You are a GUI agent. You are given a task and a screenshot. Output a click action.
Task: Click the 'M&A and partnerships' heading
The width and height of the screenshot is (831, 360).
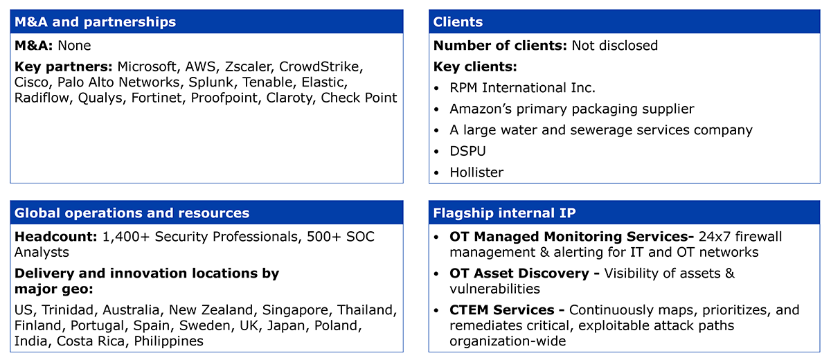point(95,22)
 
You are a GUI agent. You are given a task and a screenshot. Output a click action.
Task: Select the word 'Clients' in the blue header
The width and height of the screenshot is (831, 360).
point(458,22)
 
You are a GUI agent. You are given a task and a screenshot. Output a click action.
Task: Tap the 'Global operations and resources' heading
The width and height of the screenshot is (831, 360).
point(132,213)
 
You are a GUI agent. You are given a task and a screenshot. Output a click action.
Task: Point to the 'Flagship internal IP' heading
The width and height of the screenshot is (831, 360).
point(504,213)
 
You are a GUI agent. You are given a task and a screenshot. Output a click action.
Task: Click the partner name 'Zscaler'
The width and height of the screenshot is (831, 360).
point(248,66)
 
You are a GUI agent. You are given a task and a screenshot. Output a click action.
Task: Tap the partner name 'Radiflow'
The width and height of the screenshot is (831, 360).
point(42,98)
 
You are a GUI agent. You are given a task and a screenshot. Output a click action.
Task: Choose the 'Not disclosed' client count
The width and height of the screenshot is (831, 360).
point(614,46)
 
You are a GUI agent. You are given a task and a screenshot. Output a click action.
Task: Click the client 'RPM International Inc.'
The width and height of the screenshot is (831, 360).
point(522,88)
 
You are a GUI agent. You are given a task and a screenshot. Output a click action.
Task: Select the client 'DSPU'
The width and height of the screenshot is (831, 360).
point(467,151)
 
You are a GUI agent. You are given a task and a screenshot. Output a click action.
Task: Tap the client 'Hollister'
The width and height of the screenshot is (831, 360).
point(476,172)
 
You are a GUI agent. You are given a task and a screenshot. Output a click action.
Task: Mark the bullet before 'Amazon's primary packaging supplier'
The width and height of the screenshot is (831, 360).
point(436,109)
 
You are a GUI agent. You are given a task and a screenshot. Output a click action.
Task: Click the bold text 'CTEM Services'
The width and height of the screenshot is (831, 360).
point(502,310)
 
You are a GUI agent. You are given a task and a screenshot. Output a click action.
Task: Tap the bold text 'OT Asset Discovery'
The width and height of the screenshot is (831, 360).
point(519,273)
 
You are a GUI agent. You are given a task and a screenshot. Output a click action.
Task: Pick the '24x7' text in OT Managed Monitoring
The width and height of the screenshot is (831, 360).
point(715,237)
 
